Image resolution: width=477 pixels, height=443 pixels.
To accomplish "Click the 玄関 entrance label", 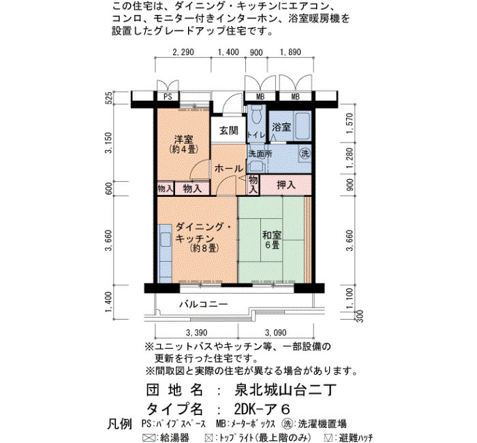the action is (229, 131).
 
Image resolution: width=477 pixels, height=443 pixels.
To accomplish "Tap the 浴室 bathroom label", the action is (281, 127).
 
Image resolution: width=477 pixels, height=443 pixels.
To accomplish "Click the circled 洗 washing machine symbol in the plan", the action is (305, 153).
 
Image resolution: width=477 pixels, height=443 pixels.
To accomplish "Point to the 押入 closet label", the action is (286, 185).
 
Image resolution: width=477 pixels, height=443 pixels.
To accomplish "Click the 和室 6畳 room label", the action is (272, 240).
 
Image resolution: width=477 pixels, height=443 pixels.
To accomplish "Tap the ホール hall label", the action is (229, 168).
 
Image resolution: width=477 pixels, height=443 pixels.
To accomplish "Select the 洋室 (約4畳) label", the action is (183, 144).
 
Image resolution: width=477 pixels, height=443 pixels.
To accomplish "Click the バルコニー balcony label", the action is (203, 304).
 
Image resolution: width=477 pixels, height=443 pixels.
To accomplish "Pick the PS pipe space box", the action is (168, 97).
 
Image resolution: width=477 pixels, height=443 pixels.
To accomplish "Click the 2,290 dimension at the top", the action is (183, 52).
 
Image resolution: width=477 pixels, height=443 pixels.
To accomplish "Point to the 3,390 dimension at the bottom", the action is (196, 333).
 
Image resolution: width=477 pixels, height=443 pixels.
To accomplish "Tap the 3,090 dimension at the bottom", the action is (275, 333).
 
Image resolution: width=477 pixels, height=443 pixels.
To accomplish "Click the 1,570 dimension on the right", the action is (350, 123).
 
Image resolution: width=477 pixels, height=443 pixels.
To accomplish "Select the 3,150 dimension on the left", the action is (108, 142).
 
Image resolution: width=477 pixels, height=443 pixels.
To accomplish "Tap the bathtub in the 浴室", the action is (303, 126).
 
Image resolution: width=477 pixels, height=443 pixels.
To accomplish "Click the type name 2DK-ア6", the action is (262, 409).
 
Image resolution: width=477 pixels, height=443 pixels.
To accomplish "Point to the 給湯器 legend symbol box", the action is (149, 438).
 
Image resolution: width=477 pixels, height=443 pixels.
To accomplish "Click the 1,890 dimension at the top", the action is (290, 52).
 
